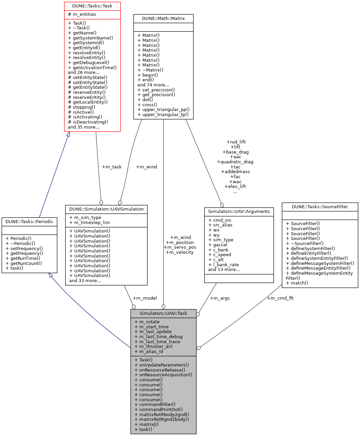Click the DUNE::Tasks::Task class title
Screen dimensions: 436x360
[x=92, y=6]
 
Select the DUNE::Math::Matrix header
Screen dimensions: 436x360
[x=163, y=19]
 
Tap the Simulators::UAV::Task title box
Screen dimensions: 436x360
[x=163, y=314]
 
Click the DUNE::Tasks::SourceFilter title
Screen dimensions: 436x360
[x=320, y=207]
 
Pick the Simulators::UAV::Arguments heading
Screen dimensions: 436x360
[x=239, y=212]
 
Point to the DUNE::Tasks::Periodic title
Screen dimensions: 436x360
[x=29, y=222]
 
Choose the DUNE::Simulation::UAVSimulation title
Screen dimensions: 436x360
[x=106, y=209]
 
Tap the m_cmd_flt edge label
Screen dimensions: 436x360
[x=280, y=298]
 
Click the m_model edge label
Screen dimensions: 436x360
[x=144, y=298]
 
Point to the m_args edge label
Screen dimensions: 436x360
[x=220, y=298]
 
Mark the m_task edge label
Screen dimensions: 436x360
[x=112, y=167]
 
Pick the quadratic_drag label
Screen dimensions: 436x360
[x=235, y=162]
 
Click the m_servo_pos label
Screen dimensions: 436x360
[x=180, y=247]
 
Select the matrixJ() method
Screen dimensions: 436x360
[x=146, y=425]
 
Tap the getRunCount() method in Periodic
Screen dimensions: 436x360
[x=24, y=264]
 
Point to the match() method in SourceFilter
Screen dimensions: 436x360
[x=297, y=283]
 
